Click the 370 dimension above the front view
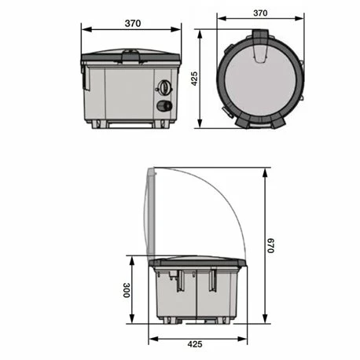(x=133, y=24)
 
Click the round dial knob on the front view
(x=165, y=88)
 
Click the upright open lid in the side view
(x=154, y=212)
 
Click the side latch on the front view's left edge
(x=83, y=75)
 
